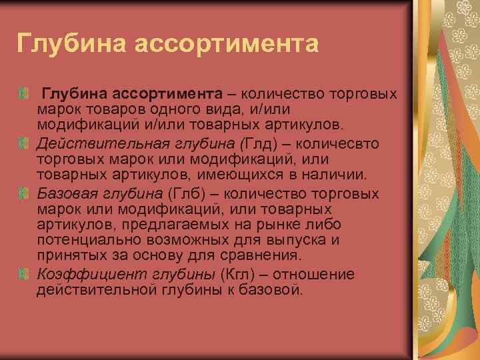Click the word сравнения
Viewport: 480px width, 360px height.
(x=263, y=255)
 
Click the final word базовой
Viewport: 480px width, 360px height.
(x=275, y=290)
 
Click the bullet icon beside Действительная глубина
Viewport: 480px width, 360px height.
(x=25, y=143)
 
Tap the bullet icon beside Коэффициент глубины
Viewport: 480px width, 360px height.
(x=25, y=275)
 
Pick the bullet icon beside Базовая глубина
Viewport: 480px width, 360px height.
(x=25, y=194)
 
